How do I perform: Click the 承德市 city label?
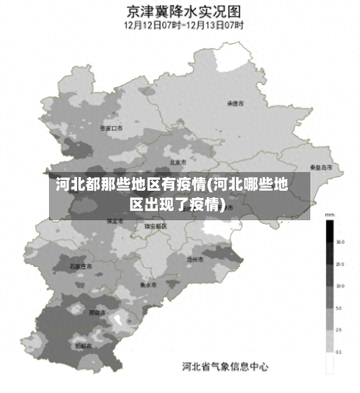pyautogui.click(x=235, y=104)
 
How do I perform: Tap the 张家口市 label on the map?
pyautogui.click(x=112, y=128)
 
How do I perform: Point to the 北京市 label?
pyautogui.click(x=178, y=163)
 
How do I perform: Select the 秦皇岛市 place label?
pyautogui.click(x=321, y=167)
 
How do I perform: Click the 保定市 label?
pyautogui.click(x=114, y=221)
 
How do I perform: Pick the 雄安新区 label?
pyautogui.click(x=156, y=226)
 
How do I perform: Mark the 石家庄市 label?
pyautogui.click(x=81, y=266)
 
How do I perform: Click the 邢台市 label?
pyautogui.click(x=96, y=313)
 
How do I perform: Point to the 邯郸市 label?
pyautogui.click(x=84, y=346)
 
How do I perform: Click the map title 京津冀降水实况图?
pyautogui.click(x=184, y=12)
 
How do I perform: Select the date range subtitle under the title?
pyautogui.click(x=184, y=25)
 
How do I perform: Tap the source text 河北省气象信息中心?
pyautogui.click(x=225, y=366)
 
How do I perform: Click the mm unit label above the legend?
pyautogui.click(x=330, y=215)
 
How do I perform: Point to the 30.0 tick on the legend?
pyautogui.click(x=339, y=243)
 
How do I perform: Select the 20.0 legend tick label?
pyautogui.click(x=339, y=264)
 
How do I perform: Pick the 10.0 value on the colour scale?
pyautogui.click(x=339, y=286)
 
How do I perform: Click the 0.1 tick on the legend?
pyautogui.click(x=339, y=352)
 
